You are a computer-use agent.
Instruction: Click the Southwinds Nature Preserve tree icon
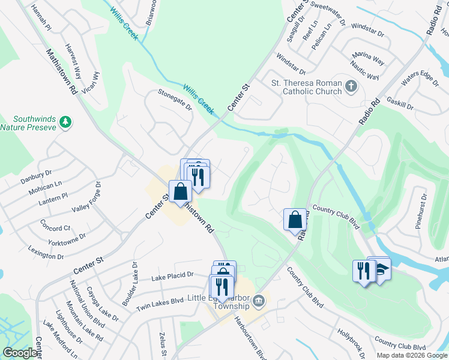65,122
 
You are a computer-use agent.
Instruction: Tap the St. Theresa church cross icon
352,88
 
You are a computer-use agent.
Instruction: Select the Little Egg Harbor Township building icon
258,300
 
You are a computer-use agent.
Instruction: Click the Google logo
20,353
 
